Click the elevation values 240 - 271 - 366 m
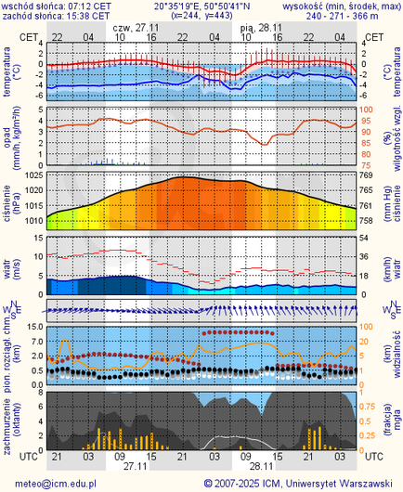pyautogui.click(x=347, y=15)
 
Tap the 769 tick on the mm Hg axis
pyautogui.click(x=367, y=175)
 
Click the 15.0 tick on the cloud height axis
pyautogui.click(x=31, y=327)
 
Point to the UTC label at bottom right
pyautogui.click(x=373, y=458)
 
